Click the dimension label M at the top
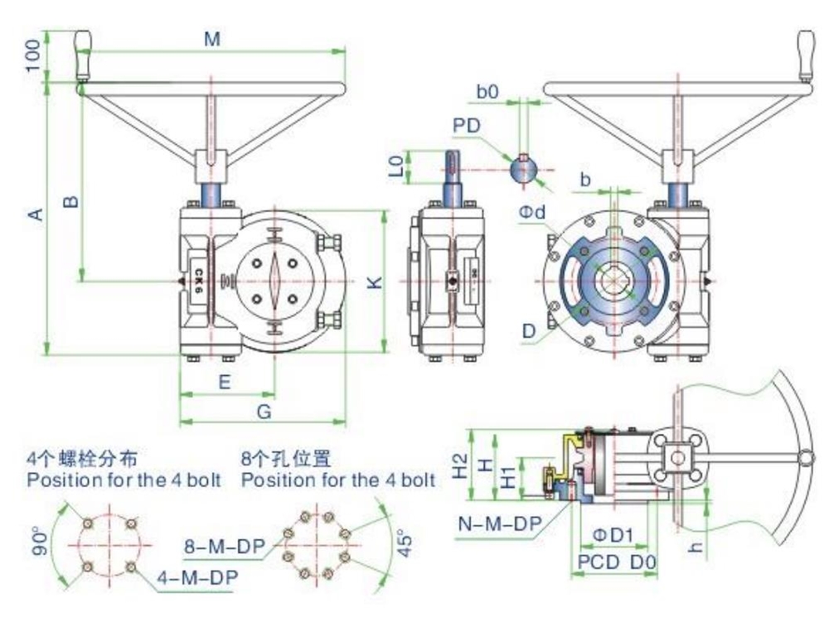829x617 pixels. tap(212, 40)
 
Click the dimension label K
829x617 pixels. tap(375, 282)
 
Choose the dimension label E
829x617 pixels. tap(224, 382)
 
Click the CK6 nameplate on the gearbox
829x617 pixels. tap(200, 282)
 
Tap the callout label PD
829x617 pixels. tap(465, 125)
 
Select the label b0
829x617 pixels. tap(487, 93)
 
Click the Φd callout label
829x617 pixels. tap(532, 213)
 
